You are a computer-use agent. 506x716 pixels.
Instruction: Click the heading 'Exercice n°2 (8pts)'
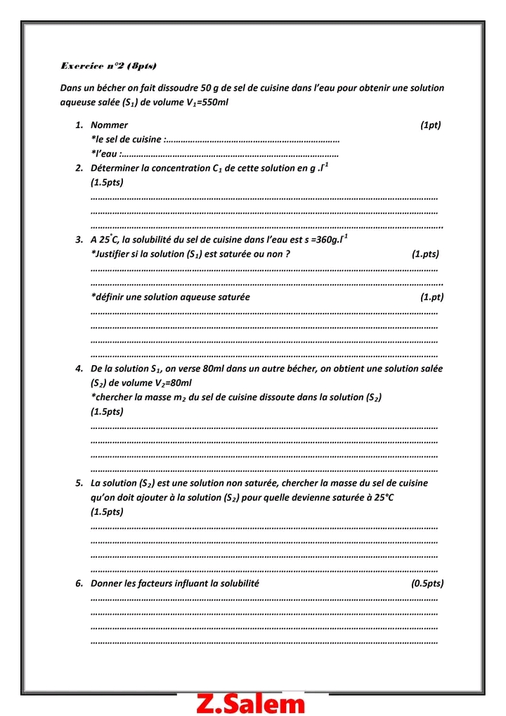click(108, 66)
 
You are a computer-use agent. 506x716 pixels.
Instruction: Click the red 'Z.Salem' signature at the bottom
click(252, 703)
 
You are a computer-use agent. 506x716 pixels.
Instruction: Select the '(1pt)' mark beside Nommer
click(430, 125)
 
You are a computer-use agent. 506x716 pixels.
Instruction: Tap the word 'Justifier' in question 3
click(114, 254)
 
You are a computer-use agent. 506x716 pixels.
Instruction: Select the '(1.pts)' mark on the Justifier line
click(425, 254)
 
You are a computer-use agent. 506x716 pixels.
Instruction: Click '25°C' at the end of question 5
click(379, 498)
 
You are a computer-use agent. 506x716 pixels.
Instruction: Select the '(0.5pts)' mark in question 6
click(427, 584)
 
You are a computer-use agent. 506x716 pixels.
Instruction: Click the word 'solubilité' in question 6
click(240, 584)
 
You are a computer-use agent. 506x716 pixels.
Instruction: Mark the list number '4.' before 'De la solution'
click(79, 369)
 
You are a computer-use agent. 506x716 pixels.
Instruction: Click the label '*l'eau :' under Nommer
click(105, 154)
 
